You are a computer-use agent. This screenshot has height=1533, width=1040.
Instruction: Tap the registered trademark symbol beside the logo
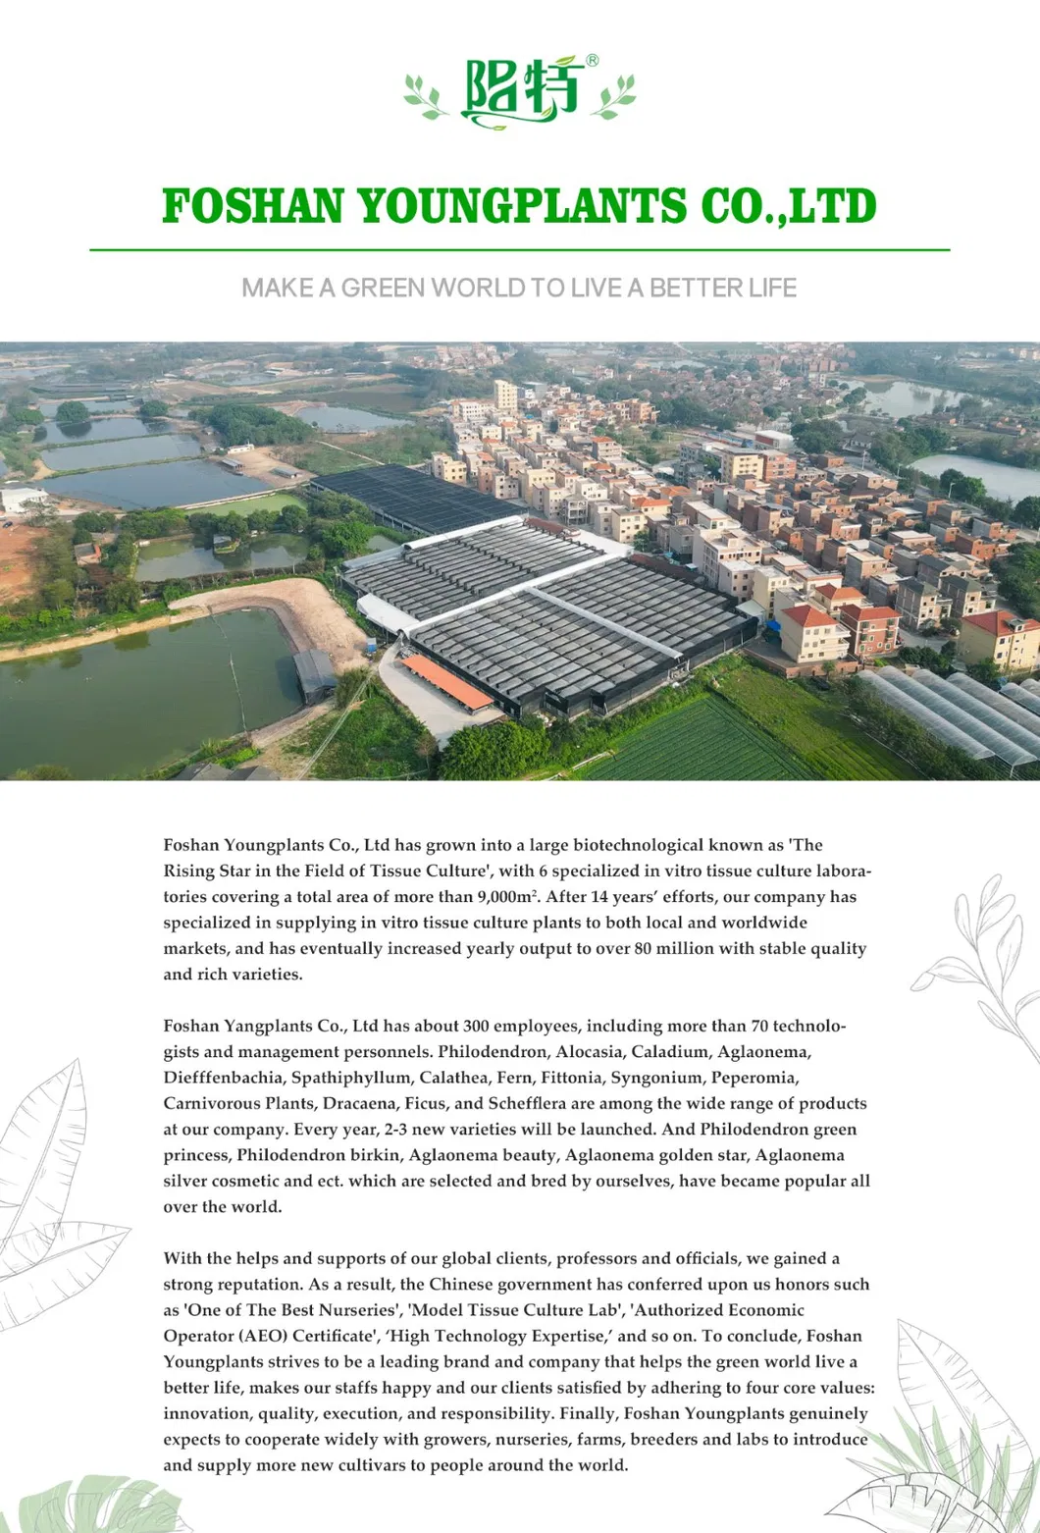(x=593, y=61)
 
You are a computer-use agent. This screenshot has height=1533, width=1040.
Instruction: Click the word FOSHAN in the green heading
(x=252, y=207)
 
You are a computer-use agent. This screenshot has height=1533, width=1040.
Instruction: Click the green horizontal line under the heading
(x=520, y=250)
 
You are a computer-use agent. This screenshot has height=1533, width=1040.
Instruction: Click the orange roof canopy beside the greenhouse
(x=446, y=681)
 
